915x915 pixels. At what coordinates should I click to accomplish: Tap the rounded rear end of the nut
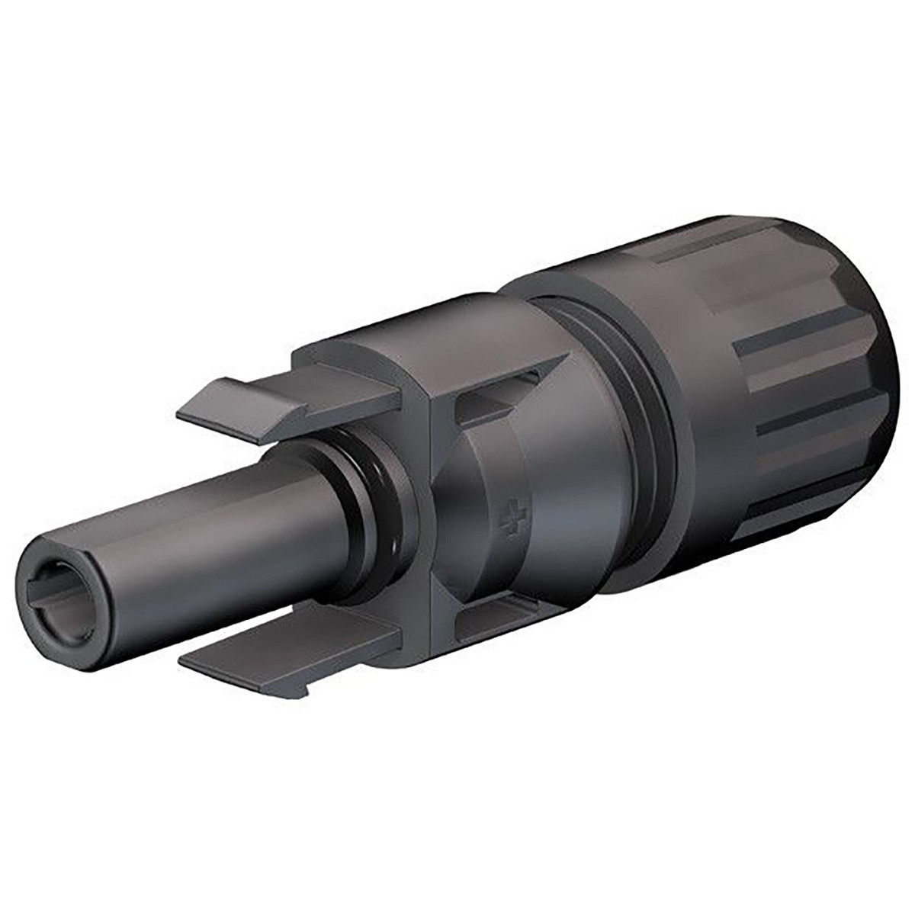[877, 343]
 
